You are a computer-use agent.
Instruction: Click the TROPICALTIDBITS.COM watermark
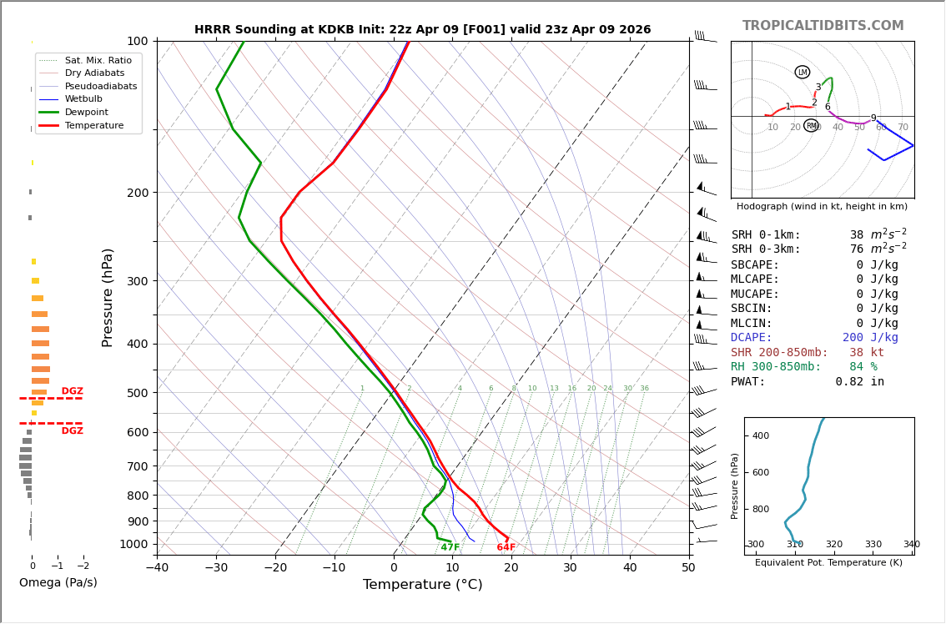pyautogui.click(x=823, y=26)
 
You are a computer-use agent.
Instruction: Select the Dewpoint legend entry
pyautogui.click(x=87, y=112)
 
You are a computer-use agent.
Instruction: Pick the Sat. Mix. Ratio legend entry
pyautogui.click(x=98, y=60)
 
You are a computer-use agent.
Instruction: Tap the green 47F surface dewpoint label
pyautogui.click(x=450, y=547)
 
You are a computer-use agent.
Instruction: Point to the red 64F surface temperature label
pyautogui.click(x=506, y=547)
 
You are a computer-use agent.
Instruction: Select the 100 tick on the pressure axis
pyautogui.click(x=138, y=41)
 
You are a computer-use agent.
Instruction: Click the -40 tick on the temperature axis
pyautogui.click(x=157, y=569)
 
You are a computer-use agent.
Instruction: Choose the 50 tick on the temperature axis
pyautogui.click(x=688, y=569)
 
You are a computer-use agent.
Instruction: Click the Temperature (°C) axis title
pyautogui.click(x=422, y=585)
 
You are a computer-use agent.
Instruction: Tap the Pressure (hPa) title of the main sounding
pyautogui.click(x=108, y=297)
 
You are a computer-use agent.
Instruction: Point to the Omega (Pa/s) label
pyautogui.click(x=58, y=582)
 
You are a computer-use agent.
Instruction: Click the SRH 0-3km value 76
pyautogui.click(x=857, y=249)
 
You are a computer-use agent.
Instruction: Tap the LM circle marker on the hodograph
pyautogui.click(x=803, y=73)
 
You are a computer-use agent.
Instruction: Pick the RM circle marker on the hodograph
pyautogui.click(x=811, y=126)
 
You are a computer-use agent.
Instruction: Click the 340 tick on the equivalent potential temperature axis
pyautogui.click(x=911, y=545)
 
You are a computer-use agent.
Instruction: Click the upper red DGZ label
pyautogui.click(x=73, y=391)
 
